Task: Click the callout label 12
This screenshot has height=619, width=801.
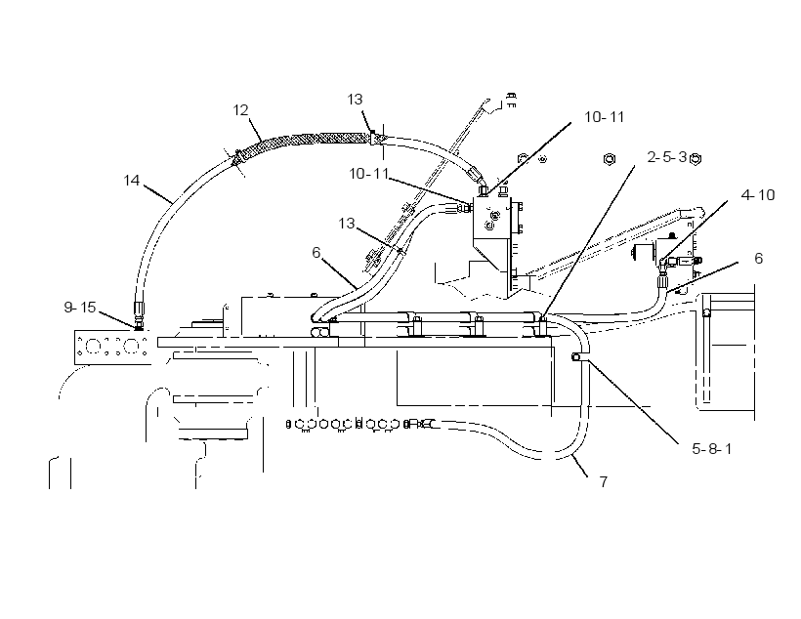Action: (x=240, y=110)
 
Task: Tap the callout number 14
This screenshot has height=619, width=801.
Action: (x=131, y=181)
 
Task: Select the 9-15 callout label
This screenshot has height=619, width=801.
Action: (x=80, y=307)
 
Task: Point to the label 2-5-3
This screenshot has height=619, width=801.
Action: (x=667, y=157)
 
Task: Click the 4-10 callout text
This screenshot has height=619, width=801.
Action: (x=758, y=195)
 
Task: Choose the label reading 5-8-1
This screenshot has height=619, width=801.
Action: (x=711, y=449)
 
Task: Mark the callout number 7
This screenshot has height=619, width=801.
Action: (x=604, y=481)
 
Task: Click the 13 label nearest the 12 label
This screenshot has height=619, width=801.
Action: (x=355, y=99)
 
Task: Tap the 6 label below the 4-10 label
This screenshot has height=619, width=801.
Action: (x=759, y=259)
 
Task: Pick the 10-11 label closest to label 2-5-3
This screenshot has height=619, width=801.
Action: (x=605, y=117)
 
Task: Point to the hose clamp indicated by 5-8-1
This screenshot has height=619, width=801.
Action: (x=575, y=357)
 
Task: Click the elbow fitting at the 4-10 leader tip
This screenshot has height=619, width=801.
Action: (x=663, y=264)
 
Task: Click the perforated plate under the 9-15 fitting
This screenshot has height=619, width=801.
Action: (x=112, y=348)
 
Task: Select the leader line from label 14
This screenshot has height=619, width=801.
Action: (x=157, y=194)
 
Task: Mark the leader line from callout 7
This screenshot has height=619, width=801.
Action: (x=579, y=465)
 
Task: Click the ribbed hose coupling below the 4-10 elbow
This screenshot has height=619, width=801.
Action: (x=662, y=281)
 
